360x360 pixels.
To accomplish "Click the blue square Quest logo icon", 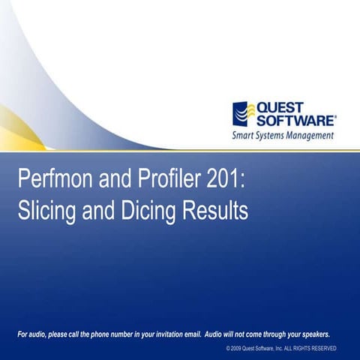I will coord(244,114).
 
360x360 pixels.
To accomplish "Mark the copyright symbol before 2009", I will coord(227,349).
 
